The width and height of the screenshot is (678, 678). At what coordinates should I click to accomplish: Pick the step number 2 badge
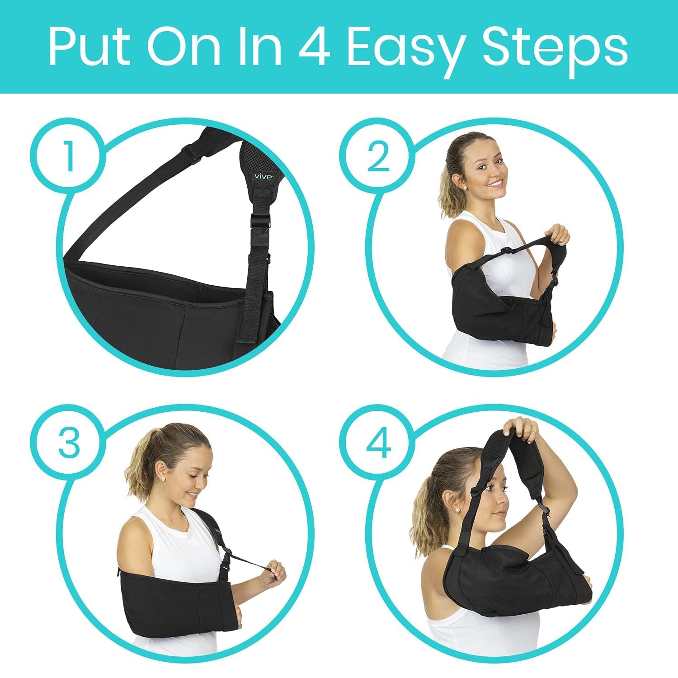pyautogui.click(x=378, y=155)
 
